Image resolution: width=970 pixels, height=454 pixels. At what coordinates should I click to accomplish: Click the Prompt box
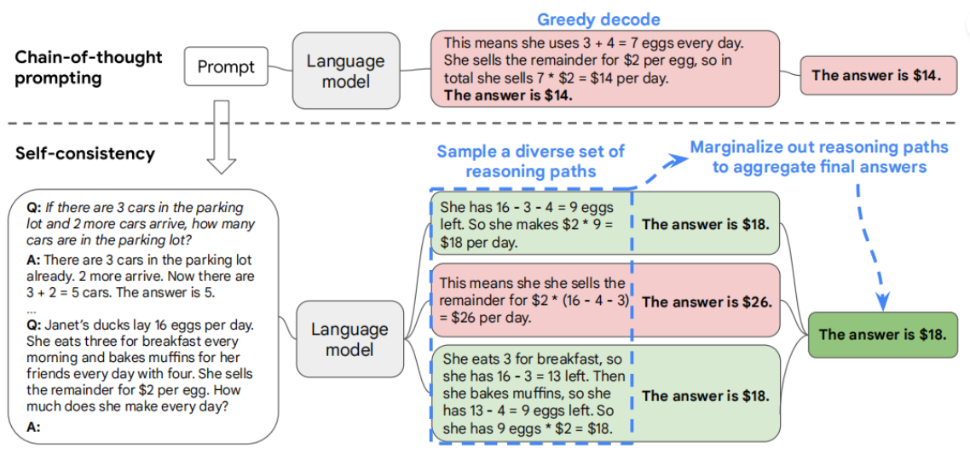coord(227,66)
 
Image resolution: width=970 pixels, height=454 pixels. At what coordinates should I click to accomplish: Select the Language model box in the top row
coord(345,71)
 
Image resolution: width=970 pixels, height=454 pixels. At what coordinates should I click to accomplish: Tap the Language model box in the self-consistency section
coord(349,339)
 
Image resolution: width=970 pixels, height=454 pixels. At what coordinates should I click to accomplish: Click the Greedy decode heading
coord(598,19)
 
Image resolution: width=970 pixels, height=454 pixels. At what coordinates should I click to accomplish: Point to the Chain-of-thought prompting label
coord(88,67)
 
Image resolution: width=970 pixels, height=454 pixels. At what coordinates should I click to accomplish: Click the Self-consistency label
coord(85,154)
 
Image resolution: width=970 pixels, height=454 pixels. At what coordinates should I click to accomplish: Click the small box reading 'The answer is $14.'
coord(875,75)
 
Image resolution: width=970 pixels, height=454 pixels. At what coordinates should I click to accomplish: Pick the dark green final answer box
coord(882,334)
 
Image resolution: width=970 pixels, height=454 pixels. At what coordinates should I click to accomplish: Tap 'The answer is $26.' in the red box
coord(706,302)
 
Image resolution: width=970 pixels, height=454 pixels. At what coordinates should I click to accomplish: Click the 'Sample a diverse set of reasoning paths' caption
coord(530,161)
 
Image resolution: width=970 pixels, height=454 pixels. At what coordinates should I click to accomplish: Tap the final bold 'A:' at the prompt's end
coord(34,428)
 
